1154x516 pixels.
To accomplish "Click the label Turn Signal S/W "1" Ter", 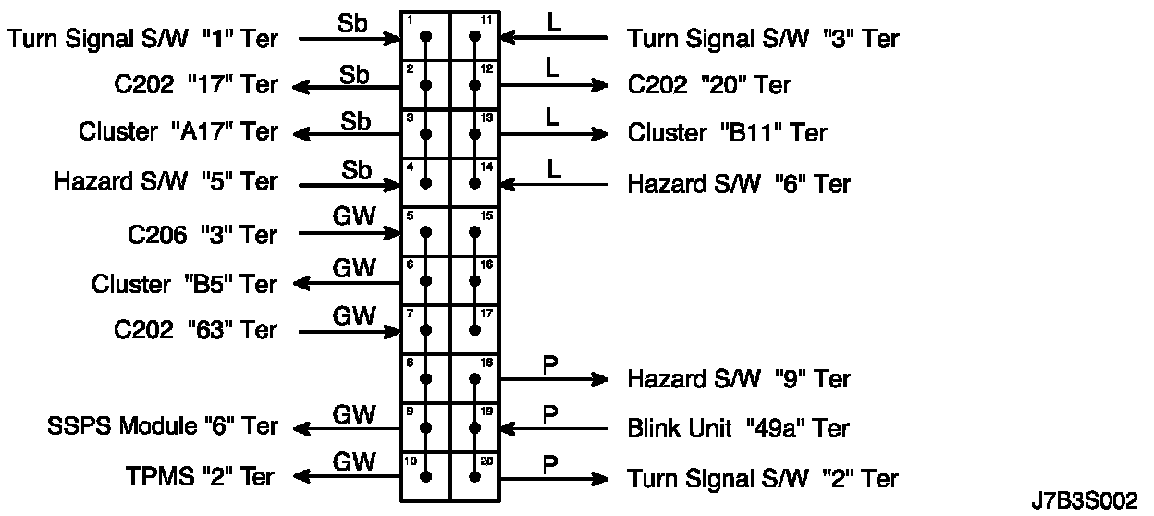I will coord(142,38).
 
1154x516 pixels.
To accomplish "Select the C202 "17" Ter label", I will coord(190,85).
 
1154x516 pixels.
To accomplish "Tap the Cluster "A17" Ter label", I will coord(178,132).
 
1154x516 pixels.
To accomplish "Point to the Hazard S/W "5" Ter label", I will coord(166,181).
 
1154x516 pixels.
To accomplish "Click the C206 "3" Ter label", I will coord(202,235).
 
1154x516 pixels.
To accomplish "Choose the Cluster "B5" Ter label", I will coord(184,284).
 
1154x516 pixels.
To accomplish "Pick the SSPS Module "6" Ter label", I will coord(162,426).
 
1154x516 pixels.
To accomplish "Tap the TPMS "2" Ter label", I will coord(199,477).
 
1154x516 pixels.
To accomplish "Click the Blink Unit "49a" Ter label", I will coord(738,429).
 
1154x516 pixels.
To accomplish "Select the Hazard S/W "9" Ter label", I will coord(739,379).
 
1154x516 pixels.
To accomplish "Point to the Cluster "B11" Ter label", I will coord(727,132).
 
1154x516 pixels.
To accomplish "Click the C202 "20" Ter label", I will coord(708,85).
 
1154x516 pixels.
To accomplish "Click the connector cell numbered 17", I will coord(475,329).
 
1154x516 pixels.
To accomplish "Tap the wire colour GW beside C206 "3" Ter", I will coord(354,216).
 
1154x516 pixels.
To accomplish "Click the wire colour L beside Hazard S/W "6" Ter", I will coord(554,168).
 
